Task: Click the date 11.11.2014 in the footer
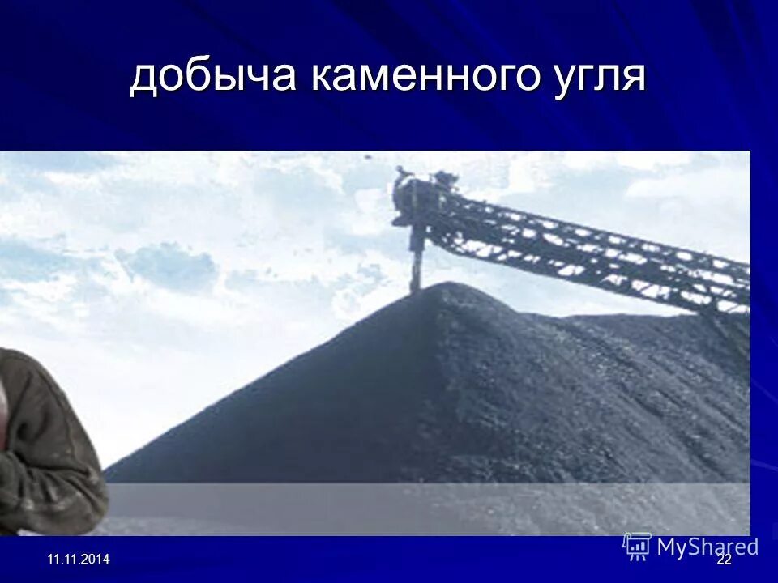tap(78, 560)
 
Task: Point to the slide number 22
tap(724, 560)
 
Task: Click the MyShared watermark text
tap(707, 547)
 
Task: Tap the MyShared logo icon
tap(637, 546)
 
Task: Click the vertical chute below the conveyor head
tap(417, 255)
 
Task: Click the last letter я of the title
tap(635, 78)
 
